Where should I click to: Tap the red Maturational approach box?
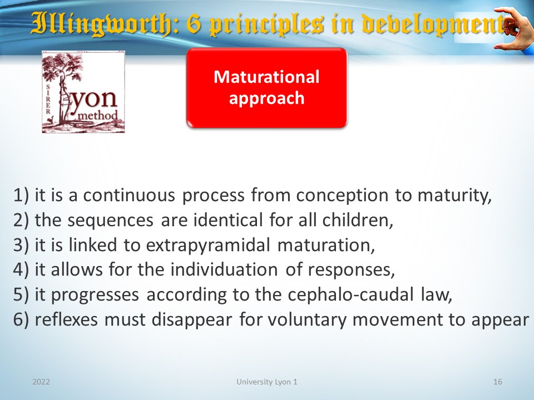[266, 88]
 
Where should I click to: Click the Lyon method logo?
[83, 92]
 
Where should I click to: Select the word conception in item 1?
[342, 196]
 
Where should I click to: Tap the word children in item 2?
[358, 220]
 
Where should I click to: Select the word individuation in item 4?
[224, 269]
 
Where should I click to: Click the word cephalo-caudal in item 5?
[350, 294]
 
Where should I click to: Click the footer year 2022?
[41, 382]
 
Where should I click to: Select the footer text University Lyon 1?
[266, 382]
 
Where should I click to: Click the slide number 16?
[497, 382]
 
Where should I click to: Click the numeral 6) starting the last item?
[21, 320]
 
